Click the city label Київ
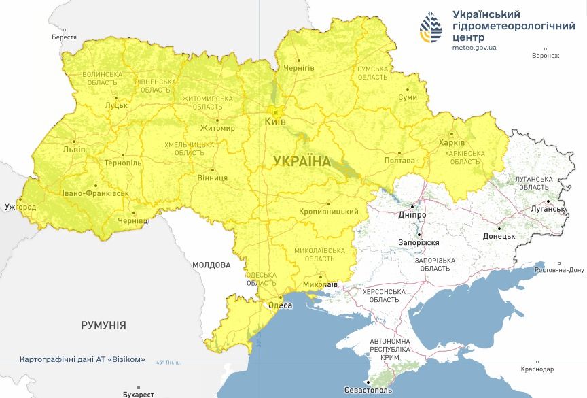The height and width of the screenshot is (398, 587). click(275, 121)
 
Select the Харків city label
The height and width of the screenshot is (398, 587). click(452, 143)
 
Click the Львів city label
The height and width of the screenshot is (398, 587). click(73, 149)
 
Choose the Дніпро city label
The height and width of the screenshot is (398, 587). click(412, 214)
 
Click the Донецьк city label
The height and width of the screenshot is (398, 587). click(499, 236)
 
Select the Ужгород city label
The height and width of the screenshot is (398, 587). click(20, 206)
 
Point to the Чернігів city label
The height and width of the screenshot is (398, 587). click(298, 68)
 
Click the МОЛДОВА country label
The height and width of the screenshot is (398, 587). click(211, 265)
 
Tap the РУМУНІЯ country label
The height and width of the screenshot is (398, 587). click(103, 325)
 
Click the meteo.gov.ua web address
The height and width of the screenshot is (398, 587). click(474, 48)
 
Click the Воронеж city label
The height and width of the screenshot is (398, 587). click(546, 56)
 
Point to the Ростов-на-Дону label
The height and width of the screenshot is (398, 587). click(559, 270)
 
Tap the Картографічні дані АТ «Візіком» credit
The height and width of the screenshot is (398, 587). click(82, 359)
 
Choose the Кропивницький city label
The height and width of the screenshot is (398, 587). click(329, 212)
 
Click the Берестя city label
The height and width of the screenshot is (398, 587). click(64, 37)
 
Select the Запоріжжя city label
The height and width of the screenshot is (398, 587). click(419, 242)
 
